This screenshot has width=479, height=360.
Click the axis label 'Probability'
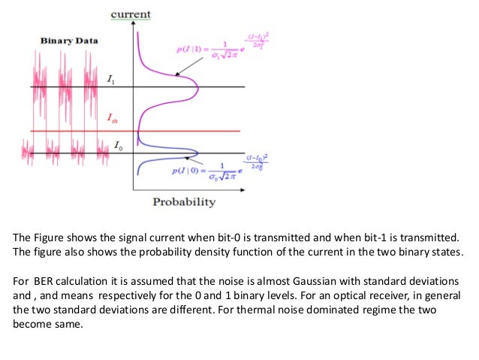184,201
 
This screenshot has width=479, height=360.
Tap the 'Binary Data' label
68,40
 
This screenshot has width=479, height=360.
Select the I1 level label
112,78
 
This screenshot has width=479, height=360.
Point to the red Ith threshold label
113,117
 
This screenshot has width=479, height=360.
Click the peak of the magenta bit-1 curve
197,87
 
